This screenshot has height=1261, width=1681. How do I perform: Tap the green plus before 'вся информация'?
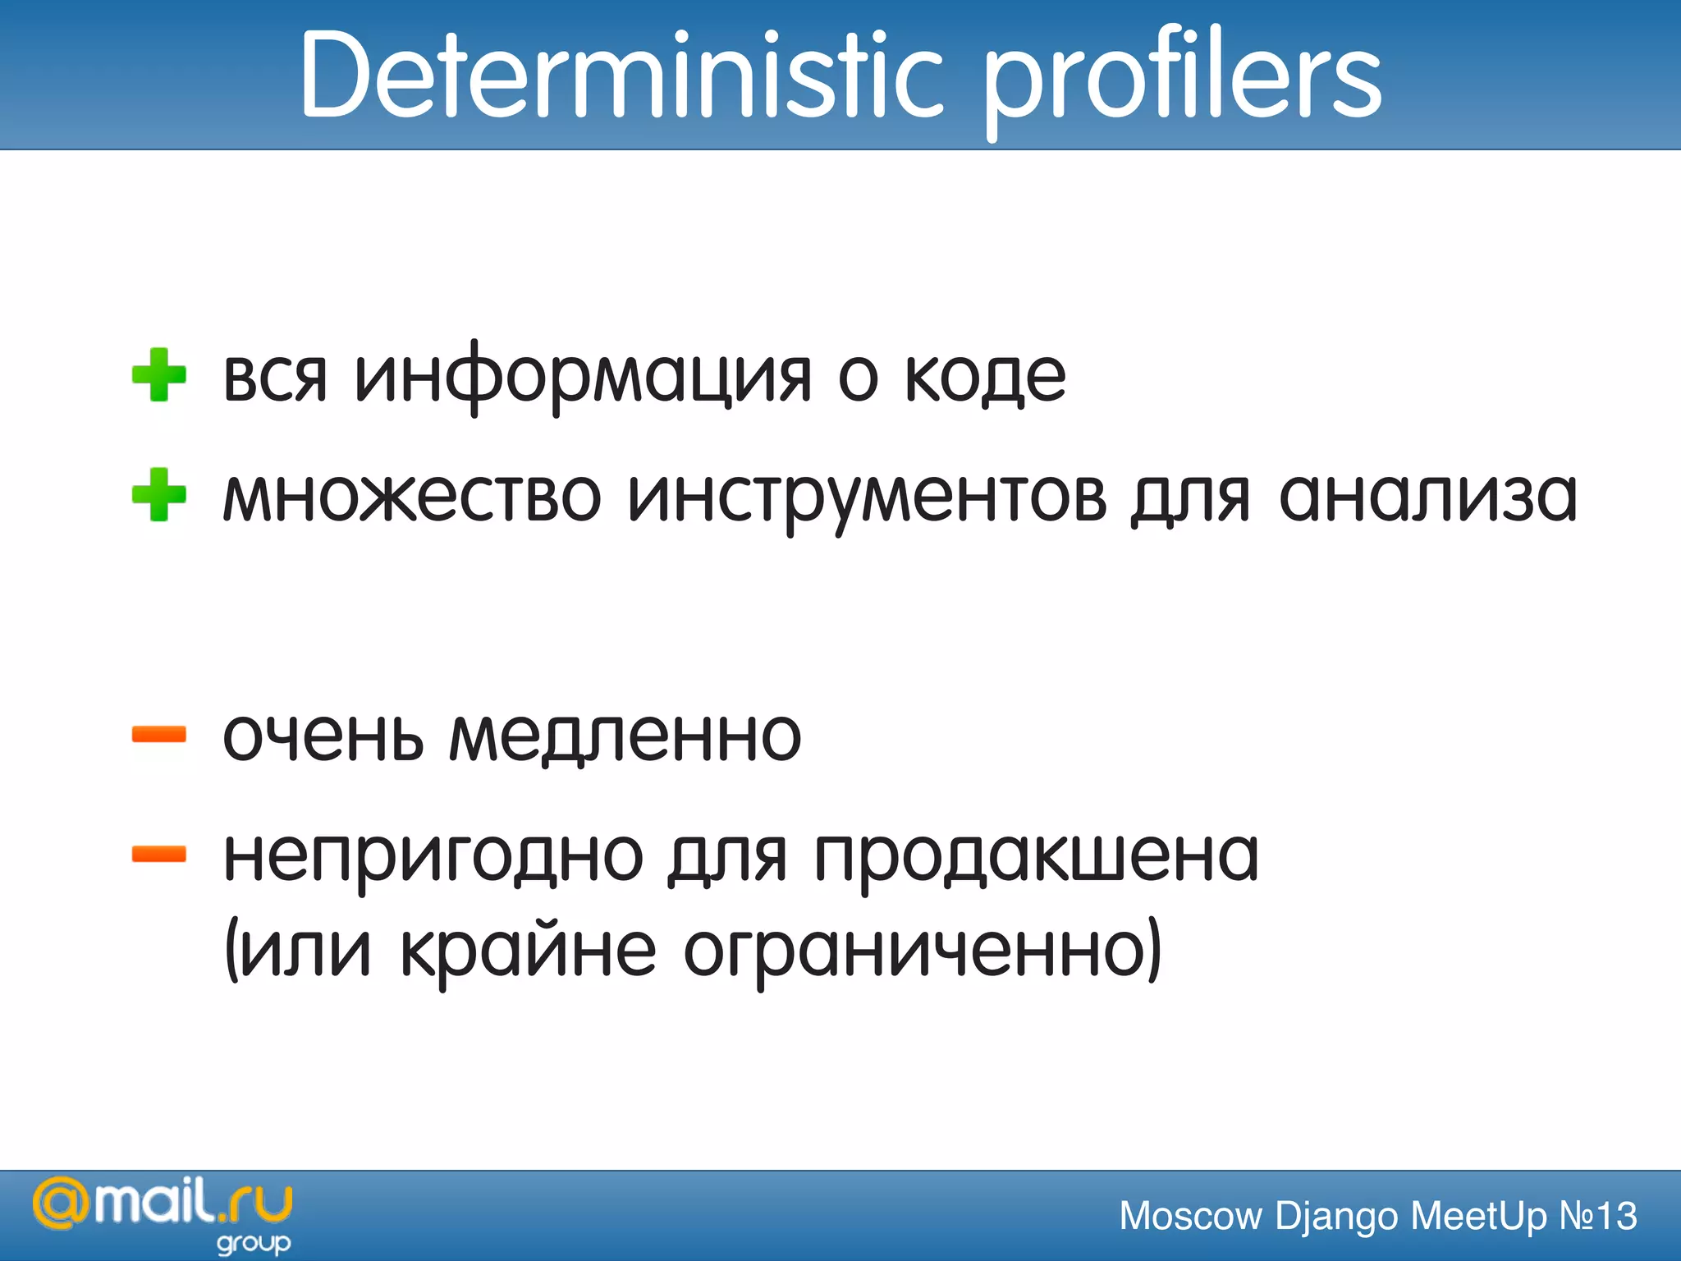tap(159, 375)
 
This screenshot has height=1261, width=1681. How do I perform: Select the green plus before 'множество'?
tap(159, 495)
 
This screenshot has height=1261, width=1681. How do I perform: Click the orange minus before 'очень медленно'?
tap(159, 734)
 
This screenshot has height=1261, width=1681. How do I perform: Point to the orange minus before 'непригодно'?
tap(159, 855)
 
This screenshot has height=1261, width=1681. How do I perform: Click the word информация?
tap(583, 378)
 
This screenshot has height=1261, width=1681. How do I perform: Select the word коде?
tap(985, 378)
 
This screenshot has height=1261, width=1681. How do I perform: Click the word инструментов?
tap(867, 498)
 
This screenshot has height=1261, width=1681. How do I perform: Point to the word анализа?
tap(1428, 498)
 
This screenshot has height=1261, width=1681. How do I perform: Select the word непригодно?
tap(433, 857)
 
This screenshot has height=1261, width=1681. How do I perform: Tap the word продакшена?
tap(1037, 857)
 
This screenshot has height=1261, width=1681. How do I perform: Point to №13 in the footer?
tap(1597, 1216)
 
